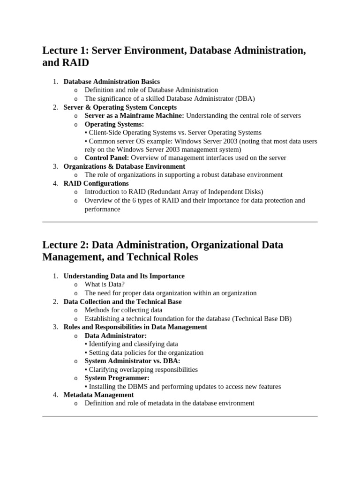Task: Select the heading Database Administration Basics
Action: coord(112,82)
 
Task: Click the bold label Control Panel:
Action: coord(106,157)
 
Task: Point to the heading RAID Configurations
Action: coord(96,183)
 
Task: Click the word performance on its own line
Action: coord(102,209)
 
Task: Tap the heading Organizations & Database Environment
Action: coord(124,166)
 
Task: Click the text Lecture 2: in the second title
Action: coord(65,245)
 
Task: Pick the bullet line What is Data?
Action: coord(105,285)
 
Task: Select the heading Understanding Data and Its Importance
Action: coord(124,276)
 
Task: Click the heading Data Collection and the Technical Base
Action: coord(122,301)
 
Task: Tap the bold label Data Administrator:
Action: coord(115,336)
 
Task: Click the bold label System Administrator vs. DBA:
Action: coord(132,361)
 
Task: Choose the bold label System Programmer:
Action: coord(117,378)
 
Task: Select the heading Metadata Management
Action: coord(98,395)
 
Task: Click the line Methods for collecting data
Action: coord(123,310)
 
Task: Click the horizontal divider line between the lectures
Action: coord(180,222)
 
